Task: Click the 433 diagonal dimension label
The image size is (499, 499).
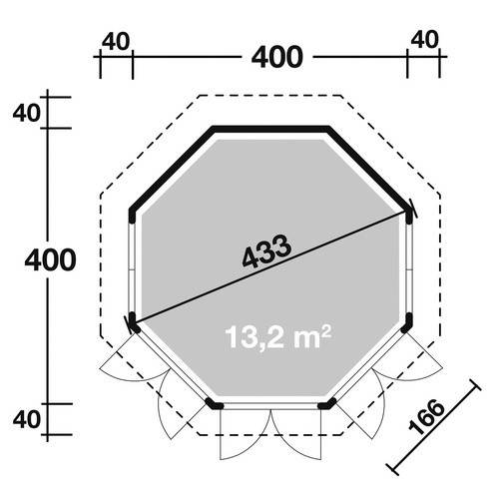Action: click(266, 250)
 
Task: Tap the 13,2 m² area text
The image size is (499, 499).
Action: click(277, 336)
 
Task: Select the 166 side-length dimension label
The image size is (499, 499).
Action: click(426, 417)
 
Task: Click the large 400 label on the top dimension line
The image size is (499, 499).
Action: click(277, 57)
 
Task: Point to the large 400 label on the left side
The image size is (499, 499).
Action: click(50, 259)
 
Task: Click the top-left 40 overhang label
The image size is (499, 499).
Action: click(115, 42)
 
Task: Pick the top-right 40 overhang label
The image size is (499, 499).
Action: click(425, 40)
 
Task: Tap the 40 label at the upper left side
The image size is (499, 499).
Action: click(27, 113)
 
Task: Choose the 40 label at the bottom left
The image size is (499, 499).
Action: click(27, 419)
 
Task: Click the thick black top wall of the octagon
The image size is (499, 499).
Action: click(270, 129)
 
